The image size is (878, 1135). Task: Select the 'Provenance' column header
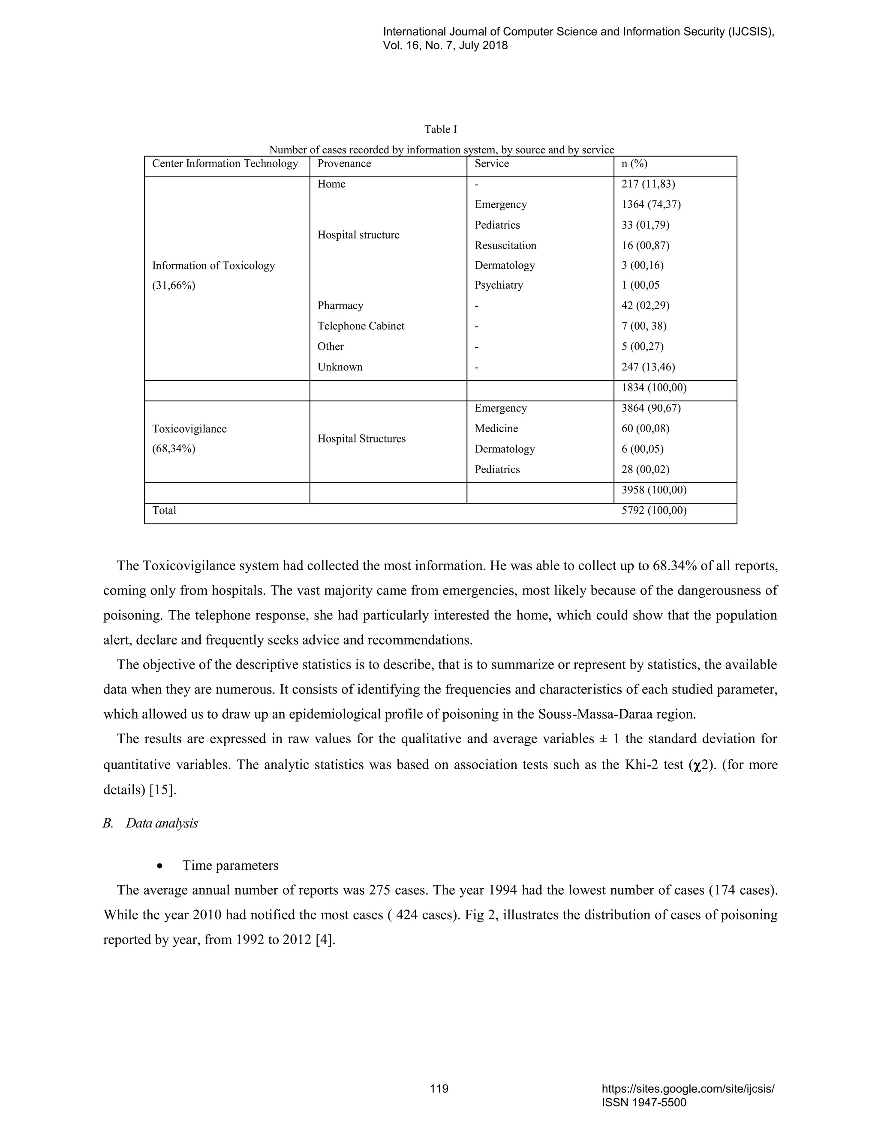tap(344, 164)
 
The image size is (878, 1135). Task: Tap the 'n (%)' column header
tap(634, 164)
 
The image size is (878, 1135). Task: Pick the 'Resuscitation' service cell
tap(505, 245)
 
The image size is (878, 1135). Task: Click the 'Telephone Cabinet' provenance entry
tap(361, 326)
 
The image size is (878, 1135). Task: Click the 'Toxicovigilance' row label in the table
tap(189, 429)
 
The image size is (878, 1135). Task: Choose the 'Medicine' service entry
tap(496, 429)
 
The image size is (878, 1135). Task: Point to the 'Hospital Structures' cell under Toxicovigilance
tap(361, 439)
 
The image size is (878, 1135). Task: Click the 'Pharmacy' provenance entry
tap(340, 305)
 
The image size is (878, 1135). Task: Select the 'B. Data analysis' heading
tap(150, 824)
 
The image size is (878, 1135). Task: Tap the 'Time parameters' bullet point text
tap(230, 866)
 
